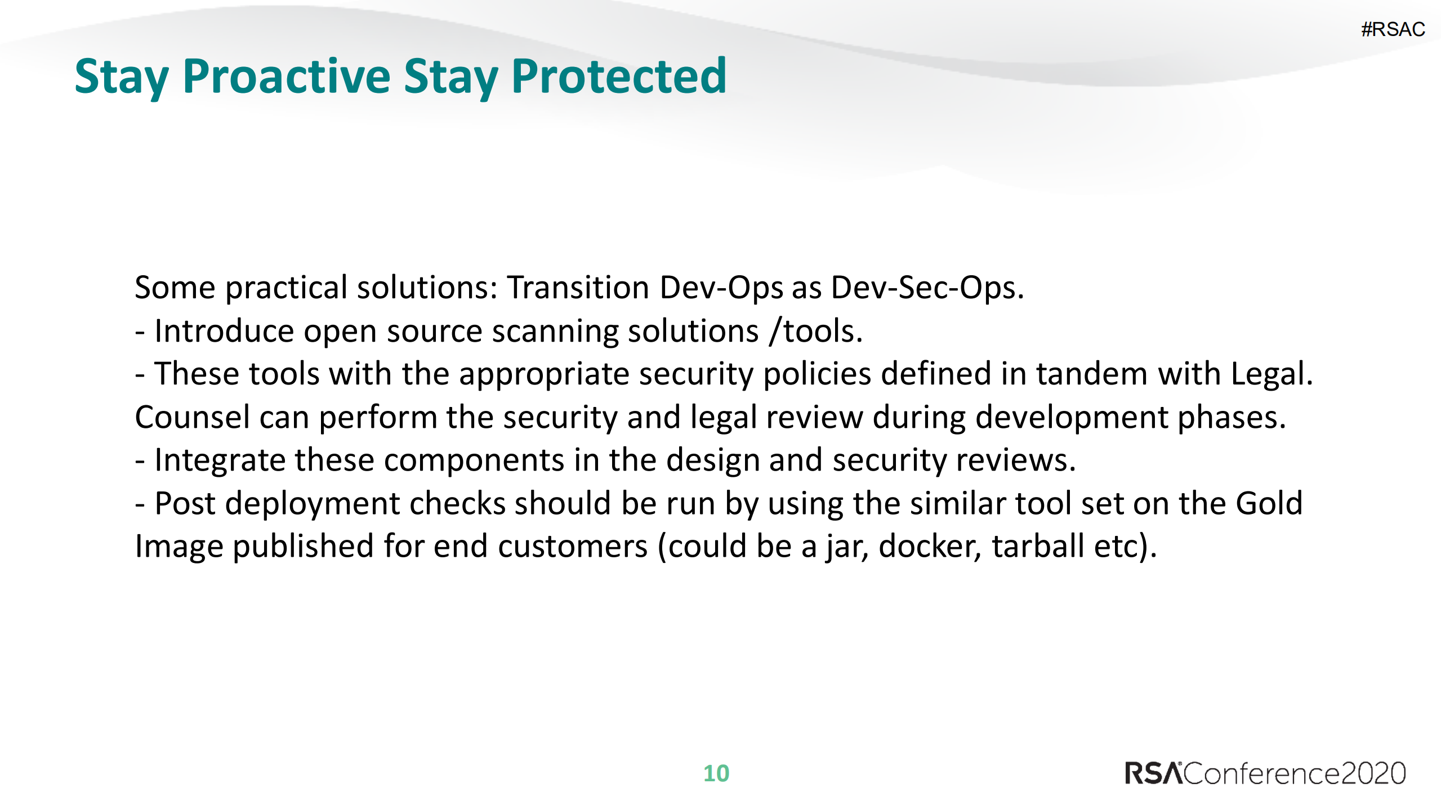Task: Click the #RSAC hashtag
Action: (x=1393, y=29)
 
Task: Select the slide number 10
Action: (x=716, y=773)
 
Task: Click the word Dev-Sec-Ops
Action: (x=927, y=288)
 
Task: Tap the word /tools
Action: (x=816, y=331)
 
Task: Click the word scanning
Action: (x=555, y=331)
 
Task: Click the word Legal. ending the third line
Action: (x=1272, y=374)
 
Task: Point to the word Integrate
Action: (x=220, y=460)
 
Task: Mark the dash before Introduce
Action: (x=140, y=332)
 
